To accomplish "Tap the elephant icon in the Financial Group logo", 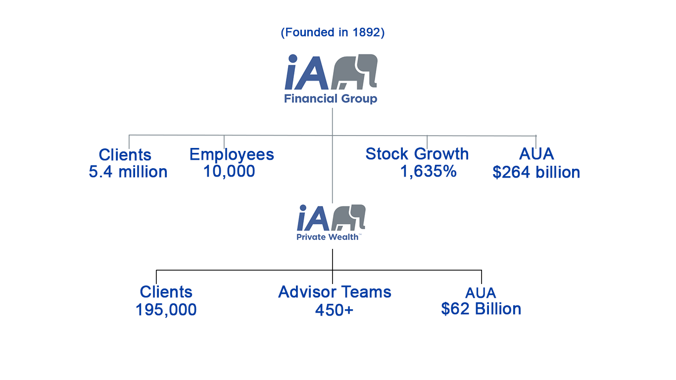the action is [354, 72].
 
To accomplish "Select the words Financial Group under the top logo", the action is [331, 98].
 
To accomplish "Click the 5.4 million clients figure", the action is [128, 172].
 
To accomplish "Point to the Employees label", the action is [232, 154].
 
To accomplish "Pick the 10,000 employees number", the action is [229, 171].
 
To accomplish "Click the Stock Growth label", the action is [417, 154].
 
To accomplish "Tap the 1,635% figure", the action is [428, 171].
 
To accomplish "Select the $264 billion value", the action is [536, 172].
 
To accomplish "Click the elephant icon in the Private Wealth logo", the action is [348, 217].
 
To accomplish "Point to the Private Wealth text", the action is [328, 237].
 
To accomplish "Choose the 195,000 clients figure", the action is [166, 310].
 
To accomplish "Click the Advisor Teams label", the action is [335, 292].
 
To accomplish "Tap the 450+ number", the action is [334, 310].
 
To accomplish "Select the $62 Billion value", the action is [481, 309].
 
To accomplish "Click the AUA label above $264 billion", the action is [536, 154].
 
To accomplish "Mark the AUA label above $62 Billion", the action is [481, 293].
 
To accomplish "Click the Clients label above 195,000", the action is [166, 292].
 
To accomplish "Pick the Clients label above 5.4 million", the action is [125, 155].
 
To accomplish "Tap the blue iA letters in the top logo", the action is [306, 72].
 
